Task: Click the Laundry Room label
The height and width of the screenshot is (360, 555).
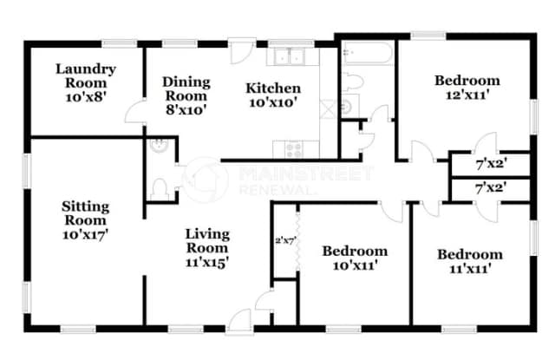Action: point(86,75)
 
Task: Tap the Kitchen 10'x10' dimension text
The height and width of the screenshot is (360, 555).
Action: point(273,102)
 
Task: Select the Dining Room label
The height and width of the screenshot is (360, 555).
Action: point(186,88)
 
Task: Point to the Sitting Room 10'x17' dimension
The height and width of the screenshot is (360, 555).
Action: point(85,235)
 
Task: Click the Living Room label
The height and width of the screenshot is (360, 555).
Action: point(207,240)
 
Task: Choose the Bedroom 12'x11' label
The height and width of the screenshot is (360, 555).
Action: point(467,88)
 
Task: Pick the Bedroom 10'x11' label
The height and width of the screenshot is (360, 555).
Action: point(355,258)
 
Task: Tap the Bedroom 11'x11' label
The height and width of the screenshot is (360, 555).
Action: point(470,261)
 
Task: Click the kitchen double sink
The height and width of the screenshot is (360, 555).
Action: point(290,56)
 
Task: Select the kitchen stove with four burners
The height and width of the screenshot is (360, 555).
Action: point(295,149)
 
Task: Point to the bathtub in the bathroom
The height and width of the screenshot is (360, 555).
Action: point(368,53)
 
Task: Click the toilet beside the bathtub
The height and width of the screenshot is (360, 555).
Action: point(353,82)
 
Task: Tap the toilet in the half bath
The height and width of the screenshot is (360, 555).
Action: point(159,189)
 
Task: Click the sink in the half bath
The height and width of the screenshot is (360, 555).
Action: point(159,146)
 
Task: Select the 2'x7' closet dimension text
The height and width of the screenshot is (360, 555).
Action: point(285,241)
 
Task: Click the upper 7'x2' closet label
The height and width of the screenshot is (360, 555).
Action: point(492,164)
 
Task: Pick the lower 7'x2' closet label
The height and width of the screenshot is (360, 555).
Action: point(491,188)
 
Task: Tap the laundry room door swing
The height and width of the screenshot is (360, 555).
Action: point(135,112)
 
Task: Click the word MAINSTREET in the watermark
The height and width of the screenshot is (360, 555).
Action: point(306,173)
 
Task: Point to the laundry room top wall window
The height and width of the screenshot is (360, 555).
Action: point(120,44)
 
